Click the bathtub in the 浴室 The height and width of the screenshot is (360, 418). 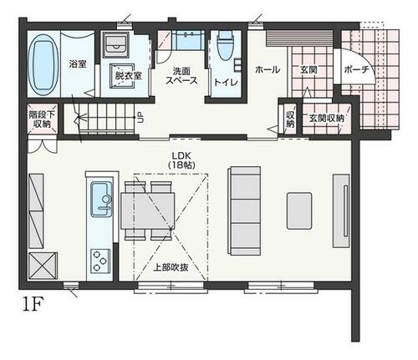pyautogui.click(x=44, y=65)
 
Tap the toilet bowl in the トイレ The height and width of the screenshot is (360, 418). pyautogui.click(x=226, y=46)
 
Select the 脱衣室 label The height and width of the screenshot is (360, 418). pyautogui.click(x=128, y=76)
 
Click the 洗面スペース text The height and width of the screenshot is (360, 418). pyautogui.click(x=181, y=76)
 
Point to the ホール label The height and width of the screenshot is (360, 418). pyautogui.click(x=268, y=69)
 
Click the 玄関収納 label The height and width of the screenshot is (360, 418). pyautogui.click(x=327, y=119)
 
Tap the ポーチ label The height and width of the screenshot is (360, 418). pyautogui.click(x=357, y=69)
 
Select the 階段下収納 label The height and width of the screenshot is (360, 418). pyautogui.click(x=42, y=119)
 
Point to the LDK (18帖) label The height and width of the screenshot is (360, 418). pyautogui.click(x=181, y=160)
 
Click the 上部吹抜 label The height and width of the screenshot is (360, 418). pyautogui.click(x=171, y=267)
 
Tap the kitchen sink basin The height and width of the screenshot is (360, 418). pyautogui.click(x=101, y=199)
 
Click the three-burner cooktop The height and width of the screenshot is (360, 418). pyautogui.click(x=99, y=261)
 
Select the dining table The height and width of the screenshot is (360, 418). pyautogui.click(x=148, y=210)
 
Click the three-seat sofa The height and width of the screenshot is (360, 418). pyautogui.click(x=244, y=210)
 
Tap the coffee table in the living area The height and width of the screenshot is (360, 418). pyautogui.click(x=299, y=210)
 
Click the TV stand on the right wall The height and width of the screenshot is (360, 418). pyautogui.click(x=341, y=210)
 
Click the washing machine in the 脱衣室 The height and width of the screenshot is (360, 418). pyautogui.click(x=115, y=45)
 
